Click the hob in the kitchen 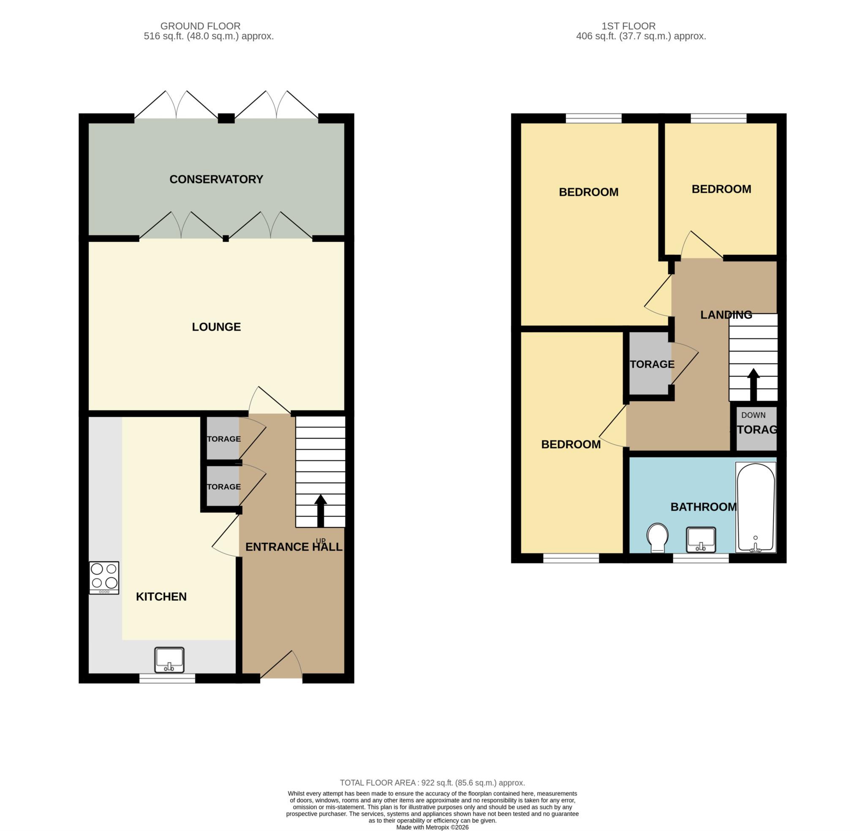(104, 577)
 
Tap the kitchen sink (169, 660)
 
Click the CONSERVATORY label (216, 179)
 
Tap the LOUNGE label (216, 327)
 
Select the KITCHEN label (161, 596)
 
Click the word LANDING (726, 315)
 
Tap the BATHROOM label (704, 507)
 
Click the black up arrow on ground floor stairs (321, 511)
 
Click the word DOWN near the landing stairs (753, 415)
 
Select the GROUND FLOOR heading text (200, 26)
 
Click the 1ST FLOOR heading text (641, 26)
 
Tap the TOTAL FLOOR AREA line (432, 783)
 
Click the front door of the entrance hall (281, 667)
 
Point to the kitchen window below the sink (167, 679)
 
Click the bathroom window (700, 558)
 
